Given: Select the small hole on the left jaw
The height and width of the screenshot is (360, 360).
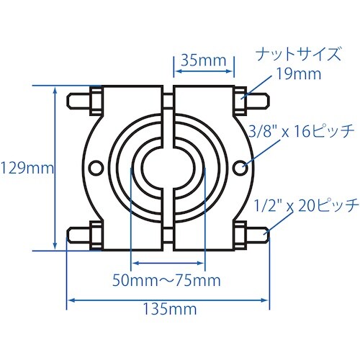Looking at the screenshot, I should (x=94, y=168).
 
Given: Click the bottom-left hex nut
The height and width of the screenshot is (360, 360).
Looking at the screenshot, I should (x=94, y=235).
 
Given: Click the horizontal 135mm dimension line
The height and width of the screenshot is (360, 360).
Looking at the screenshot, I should (x=168, y=300).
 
